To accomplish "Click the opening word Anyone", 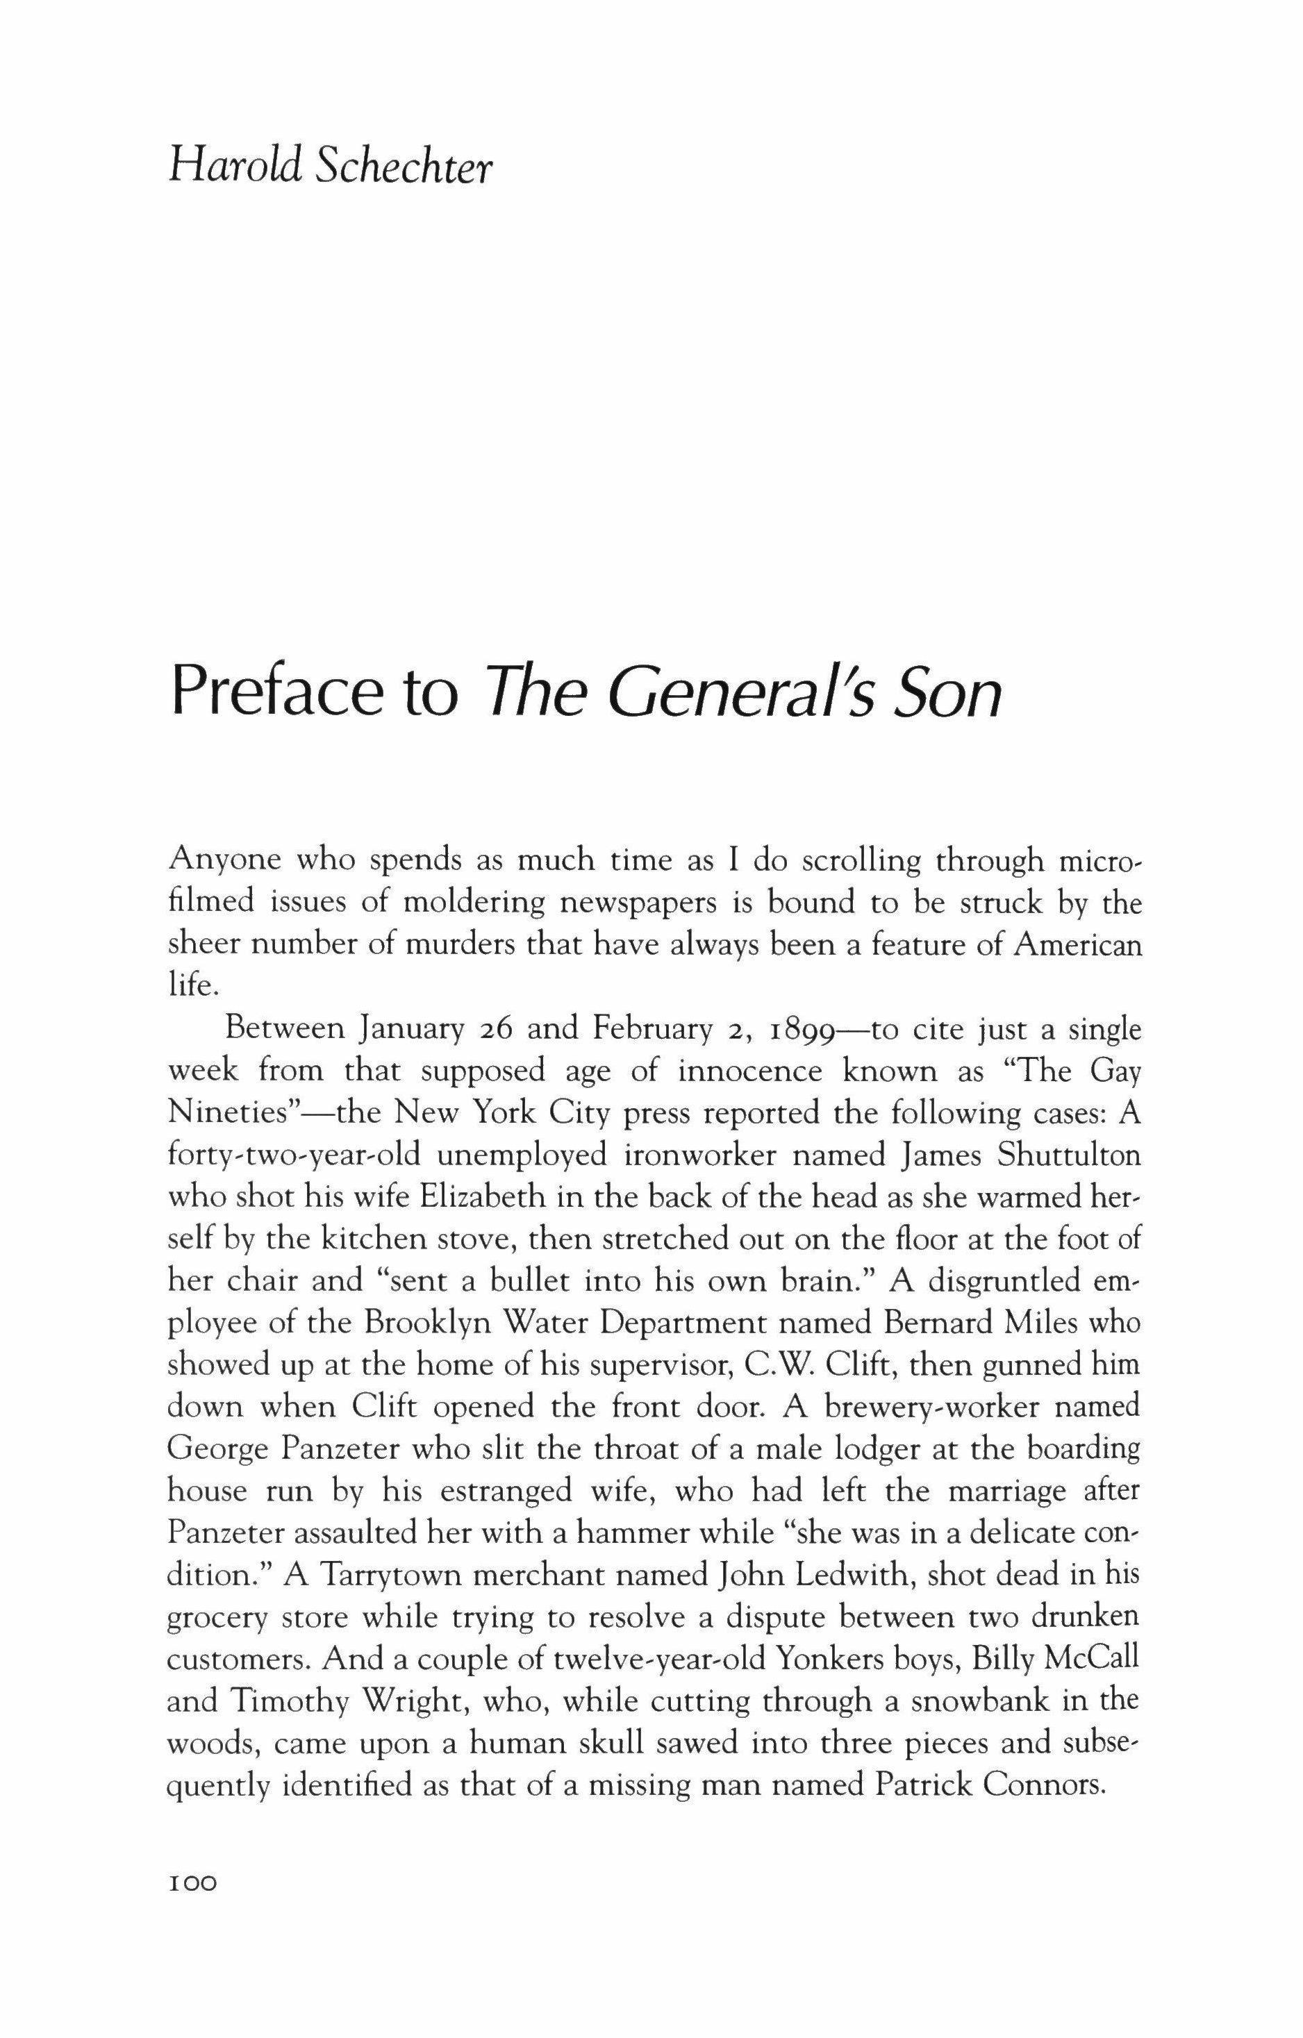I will [x=224, y=862].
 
